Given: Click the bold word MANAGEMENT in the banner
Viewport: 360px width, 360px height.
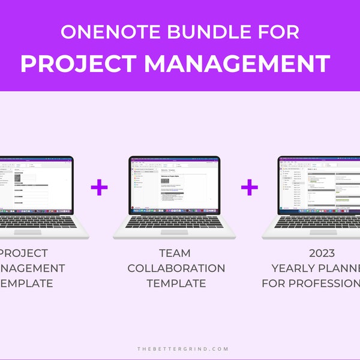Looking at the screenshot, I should [237, 63].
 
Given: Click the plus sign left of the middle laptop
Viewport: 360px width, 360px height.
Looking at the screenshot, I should [100, 188].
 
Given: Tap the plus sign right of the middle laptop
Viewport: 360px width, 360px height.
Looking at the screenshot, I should [250, 188].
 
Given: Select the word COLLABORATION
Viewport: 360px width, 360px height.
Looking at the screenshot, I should [176, 268].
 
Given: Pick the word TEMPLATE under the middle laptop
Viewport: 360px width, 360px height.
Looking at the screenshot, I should [176, 283].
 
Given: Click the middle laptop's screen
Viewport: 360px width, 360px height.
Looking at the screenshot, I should [175, 185].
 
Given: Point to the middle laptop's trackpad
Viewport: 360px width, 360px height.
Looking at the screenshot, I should [173, 232].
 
